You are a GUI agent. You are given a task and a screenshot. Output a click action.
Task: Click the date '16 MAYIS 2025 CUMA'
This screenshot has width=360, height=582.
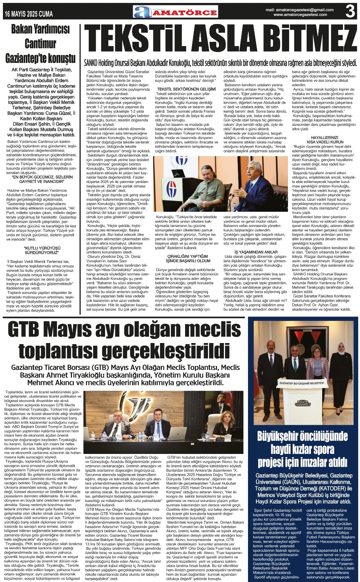coord(29,14)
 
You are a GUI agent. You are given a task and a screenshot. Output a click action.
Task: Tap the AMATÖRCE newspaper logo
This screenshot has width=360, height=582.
coord(176,12)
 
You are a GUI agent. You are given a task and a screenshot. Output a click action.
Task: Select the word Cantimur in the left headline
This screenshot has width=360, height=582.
coord(40,44)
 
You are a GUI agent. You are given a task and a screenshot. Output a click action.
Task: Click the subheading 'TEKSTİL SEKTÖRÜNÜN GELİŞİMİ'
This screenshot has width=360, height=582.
coord(186,89)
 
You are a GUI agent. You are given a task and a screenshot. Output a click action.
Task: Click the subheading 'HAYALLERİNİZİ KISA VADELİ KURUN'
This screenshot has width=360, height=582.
coord(320,140)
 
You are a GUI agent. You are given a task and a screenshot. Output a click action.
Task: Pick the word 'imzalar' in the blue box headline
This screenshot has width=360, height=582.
coord(317,462)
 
